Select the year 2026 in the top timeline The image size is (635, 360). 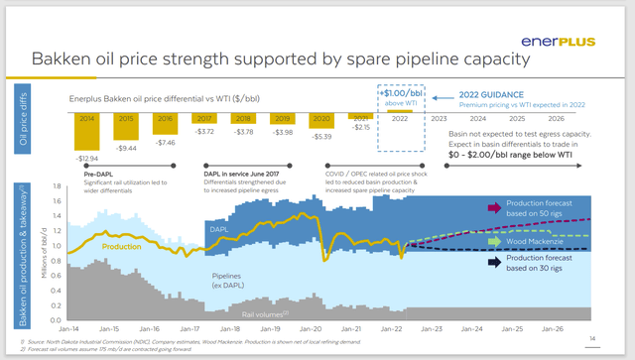tap(586, 118)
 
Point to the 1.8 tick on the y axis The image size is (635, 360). tap(59, 185)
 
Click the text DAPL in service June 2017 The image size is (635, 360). tap(231, 171)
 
